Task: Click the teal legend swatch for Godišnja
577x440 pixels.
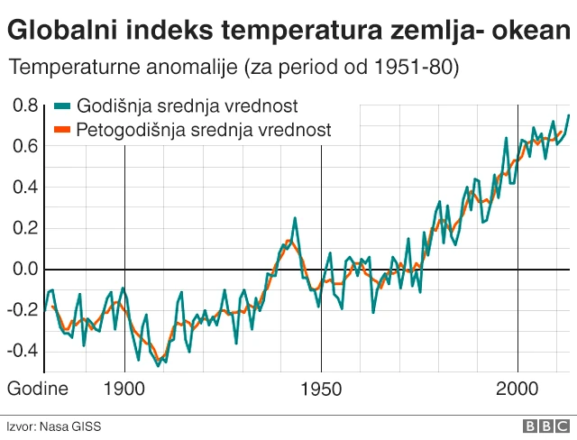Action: click(64, 105)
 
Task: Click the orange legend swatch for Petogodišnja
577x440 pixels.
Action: click(64, 130)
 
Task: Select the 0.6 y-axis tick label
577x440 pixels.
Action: click(25, 146)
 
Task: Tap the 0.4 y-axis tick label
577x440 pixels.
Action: click(25, 188)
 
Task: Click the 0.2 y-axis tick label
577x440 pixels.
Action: click(25, 228)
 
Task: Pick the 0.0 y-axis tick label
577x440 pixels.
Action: click(25, 269)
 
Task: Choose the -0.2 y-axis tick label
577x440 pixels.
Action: click(22, 309)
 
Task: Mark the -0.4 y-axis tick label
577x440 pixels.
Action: click(22, 350)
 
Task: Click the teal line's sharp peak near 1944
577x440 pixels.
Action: click(294, 218)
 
